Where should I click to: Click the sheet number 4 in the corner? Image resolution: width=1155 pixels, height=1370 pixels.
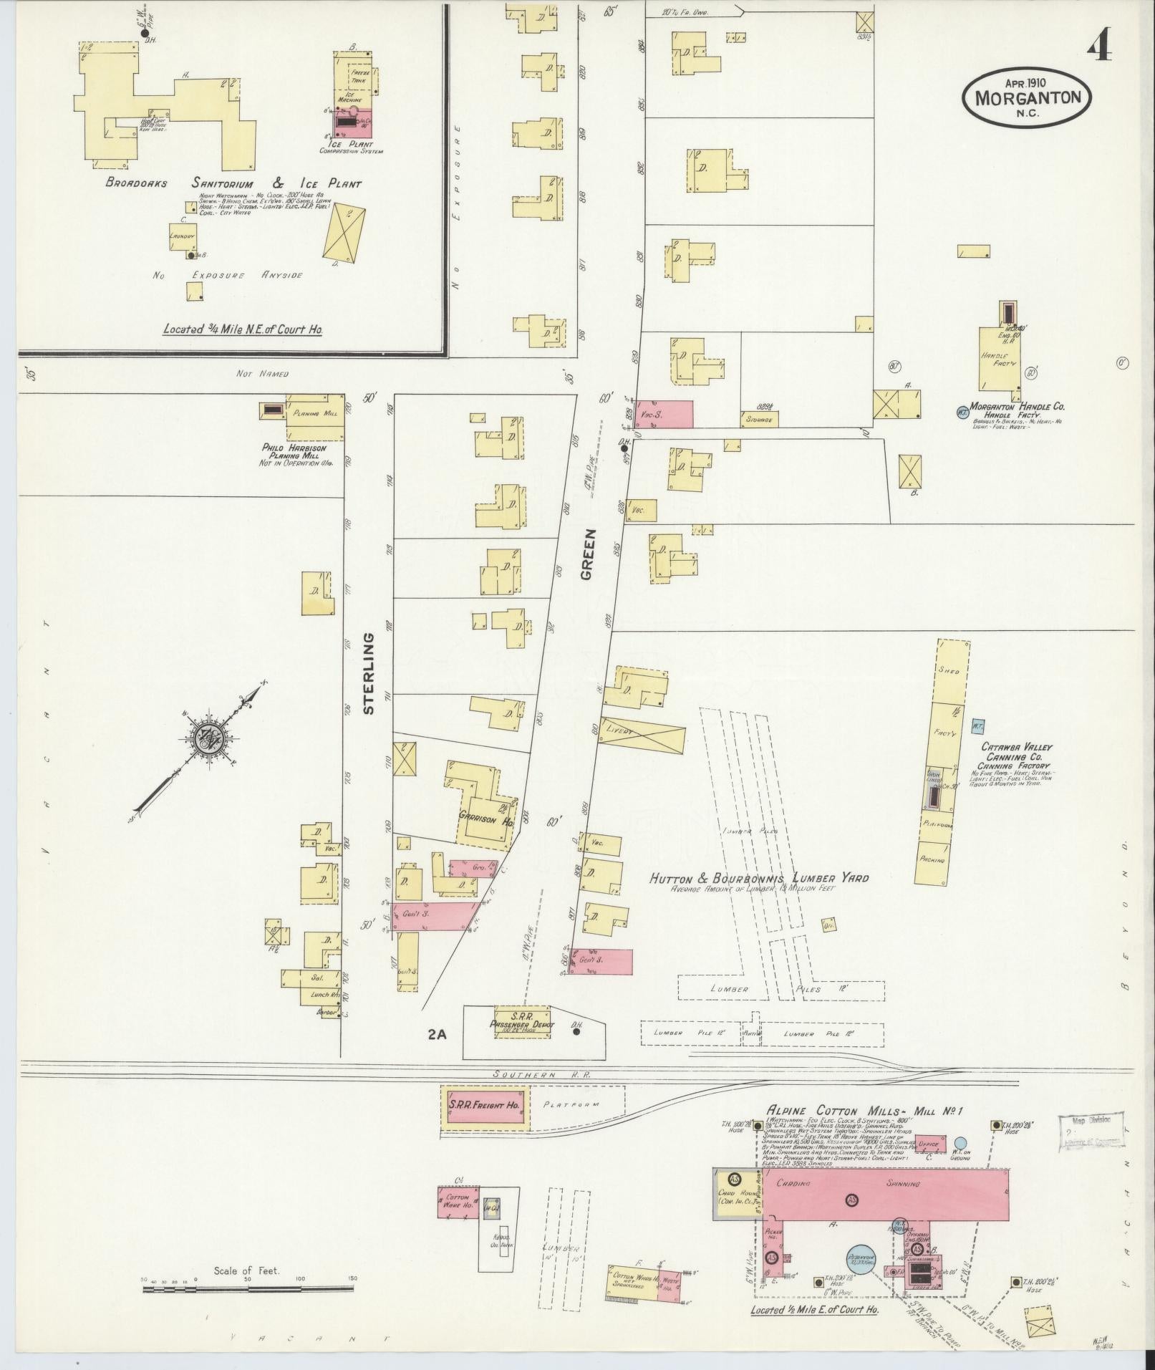click(1098, 49)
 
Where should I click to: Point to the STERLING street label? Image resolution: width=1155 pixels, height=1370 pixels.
click(369, 673)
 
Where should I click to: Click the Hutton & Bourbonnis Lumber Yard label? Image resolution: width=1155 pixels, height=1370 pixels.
click(758, 879)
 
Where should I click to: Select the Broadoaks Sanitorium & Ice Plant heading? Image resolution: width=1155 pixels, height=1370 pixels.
click(233, 183)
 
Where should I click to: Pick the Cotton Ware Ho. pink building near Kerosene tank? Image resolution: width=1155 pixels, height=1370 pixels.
click(458, 1201)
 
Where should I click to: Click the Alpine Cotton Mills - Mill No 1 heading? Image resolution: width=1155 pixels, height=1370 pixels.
click(865, 1130)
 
